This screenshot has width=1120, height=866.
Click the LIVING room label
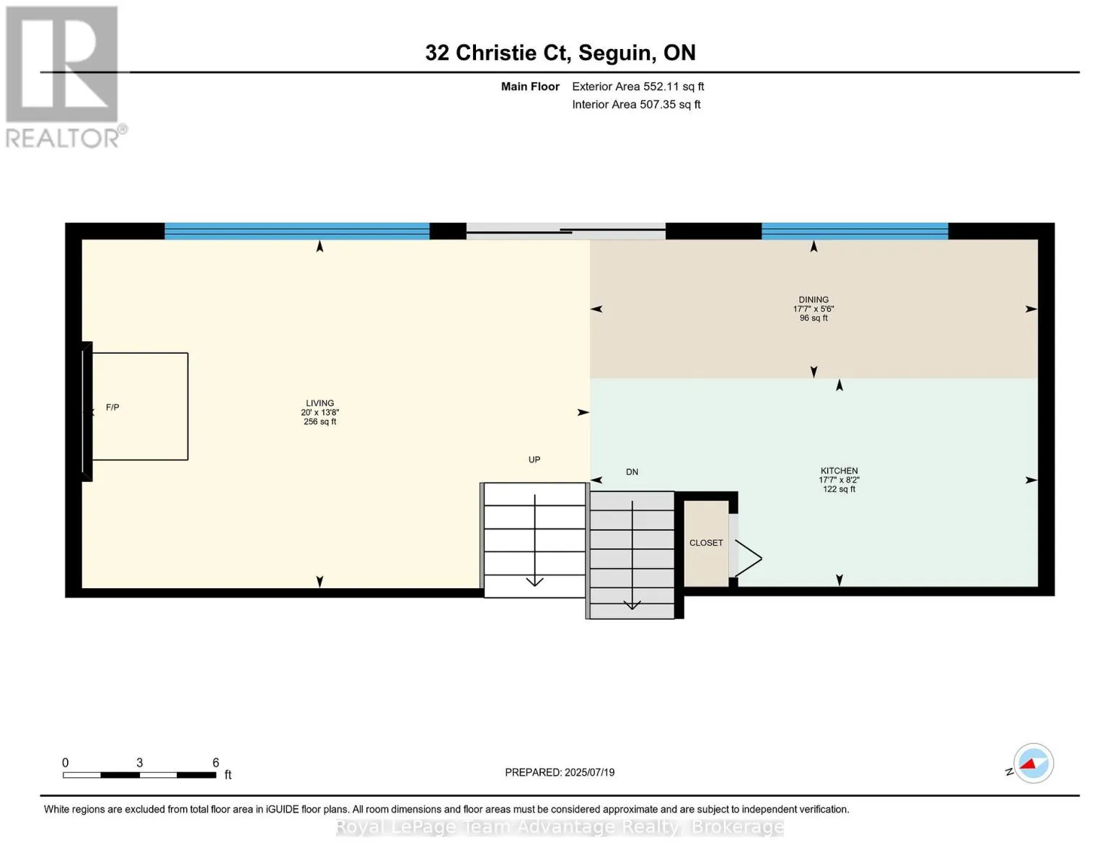(319, 403)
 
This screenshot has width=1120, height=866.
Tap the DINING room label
(813, 299)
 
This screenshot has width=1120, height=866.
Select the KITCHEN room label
(839, 471)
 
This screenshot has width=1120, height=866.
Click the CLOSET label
(706, 543)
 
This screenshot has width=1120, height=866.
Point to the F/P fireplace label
(113, 408)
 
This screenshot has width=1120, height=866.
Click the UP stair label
(534, 460)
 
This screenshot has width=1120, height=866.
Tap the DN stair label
(632, 472)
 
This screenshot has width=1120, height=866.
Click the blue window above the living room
(297, 230)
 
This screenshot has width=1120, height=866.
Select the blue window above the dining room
(855, 230)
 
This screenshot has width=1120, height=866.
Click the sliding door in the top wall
(566, 230)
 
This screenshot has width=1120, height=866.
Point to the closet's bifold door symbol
(748, 558)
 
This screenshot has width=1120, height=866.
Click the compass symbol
(1033, 764)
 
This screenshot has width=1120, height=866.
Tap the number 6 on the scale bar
(216, 762)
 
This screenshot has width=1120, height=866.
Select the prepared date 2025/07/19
(589, 772)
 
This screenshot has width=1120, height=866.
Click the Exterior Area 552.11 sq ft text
(638, 87)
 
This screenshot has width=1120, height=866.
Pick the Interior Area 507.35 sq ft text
(636, 105)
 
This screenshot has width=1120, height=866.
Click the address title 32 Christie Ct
(496, 53)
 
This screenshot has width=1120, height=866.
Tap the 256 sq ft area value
(319, 421)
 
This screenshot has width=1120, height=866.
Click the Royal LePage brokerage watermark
(560, 827)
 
